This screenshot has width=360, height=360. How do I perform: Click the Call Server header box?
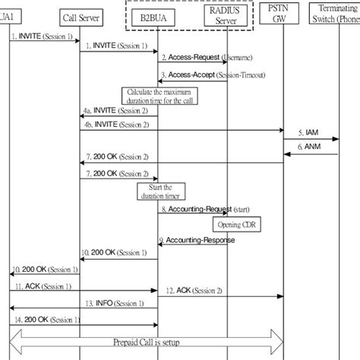[81, 15]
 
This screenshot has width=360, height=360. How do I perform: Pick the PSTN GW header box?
[285, 14]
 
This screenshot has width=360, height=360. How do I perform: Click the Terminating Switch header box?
[338, 14]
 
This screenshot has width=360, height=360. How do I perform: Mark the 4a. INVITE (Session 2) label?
[116, 111]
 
